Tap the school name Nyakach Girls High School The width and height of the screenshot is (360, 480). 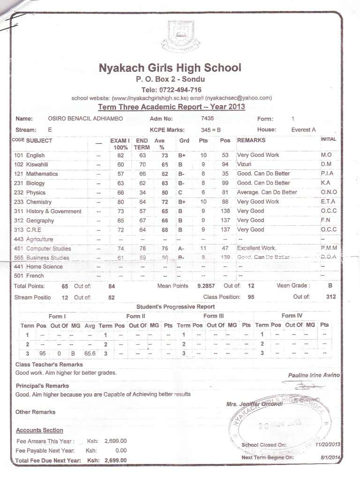[x=170, y=68]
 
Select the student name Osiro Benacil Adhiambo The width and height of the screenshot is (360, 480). [x=85, y=119]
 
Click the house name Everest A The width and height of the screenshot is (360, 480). [x=303, y=130]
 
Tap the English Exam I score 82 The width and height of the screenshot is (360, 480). [x=120, y=155]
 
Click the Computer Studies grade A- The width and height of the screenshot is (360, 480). [x=182, y=248]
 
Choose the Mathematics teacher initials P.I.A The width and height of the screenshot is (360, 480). [x=327, y=174]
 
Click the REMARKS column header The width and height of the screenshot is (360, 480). [x=251, y=140]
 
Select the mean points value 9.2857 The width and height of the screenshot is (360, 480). [x=205, y=286]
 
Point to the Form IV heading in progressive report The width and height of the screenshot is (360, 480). [x=292, y=316]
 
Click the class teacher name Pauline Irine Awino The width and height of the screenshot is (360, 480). [x=314, y=375]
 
